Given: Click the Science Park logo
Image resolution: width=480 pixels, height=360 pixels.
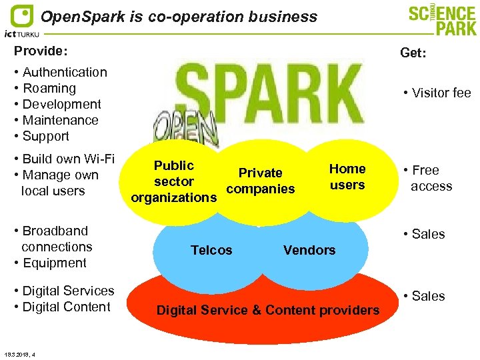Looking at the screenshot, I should (x=443, y=20).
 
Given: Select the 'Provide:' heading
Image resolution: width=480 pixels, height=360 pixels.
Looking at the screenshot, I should (x=41, y=51).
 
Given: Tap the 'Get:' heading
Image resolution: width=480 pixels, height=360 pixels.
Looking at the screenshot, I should (x=413, y=53).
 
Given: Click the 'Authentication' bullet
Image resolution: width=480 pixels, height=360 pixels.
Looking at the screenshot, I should (x=65, y=72).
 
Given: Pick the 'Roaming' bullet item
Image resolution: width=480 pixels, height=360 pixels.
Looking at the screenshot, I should (x=49, y=88).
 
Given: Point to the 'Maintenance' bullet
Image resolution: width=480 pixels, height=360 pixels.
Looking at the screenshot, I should (x=60, y=120).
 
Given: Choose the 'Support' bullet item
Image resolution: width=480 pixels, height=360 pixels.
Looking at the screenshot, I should (x=46, y=136).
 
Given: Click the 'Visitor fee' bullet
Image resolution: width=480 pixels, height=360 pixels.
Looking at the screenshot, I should (x=437, y=93).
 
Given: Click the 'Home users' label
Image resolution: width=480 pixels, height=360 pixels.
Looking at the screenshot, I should (x=347, y=177).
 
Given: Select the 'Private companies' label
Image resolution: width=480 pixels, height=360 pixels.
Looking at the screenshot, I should (x=261, y=181).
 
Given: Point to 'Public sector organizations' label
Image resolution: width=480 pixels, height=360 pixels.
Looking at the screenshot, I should (x=173, y=181).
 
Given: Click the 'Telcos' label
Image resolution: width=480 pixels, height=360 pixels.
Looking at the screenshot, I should (x=211, y=250).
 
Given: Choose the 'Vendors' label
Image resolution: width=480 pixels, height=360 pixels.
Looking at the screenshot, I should (x=309, y=250).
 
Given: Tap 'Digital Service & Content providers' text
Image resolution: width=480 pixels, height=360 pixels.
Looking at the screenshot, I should (x=267, y=309).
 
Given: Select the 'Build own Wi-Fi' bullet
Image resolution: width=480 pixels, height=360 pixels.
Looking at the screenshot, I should (x=69, y=159).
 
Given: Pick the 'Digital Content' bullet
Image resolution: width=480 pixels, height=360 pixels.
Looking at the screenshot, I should (x=66, y=307).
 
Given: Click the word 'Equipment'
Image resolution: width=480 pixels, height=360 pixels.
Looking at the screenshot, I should (x=55, y=263).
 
